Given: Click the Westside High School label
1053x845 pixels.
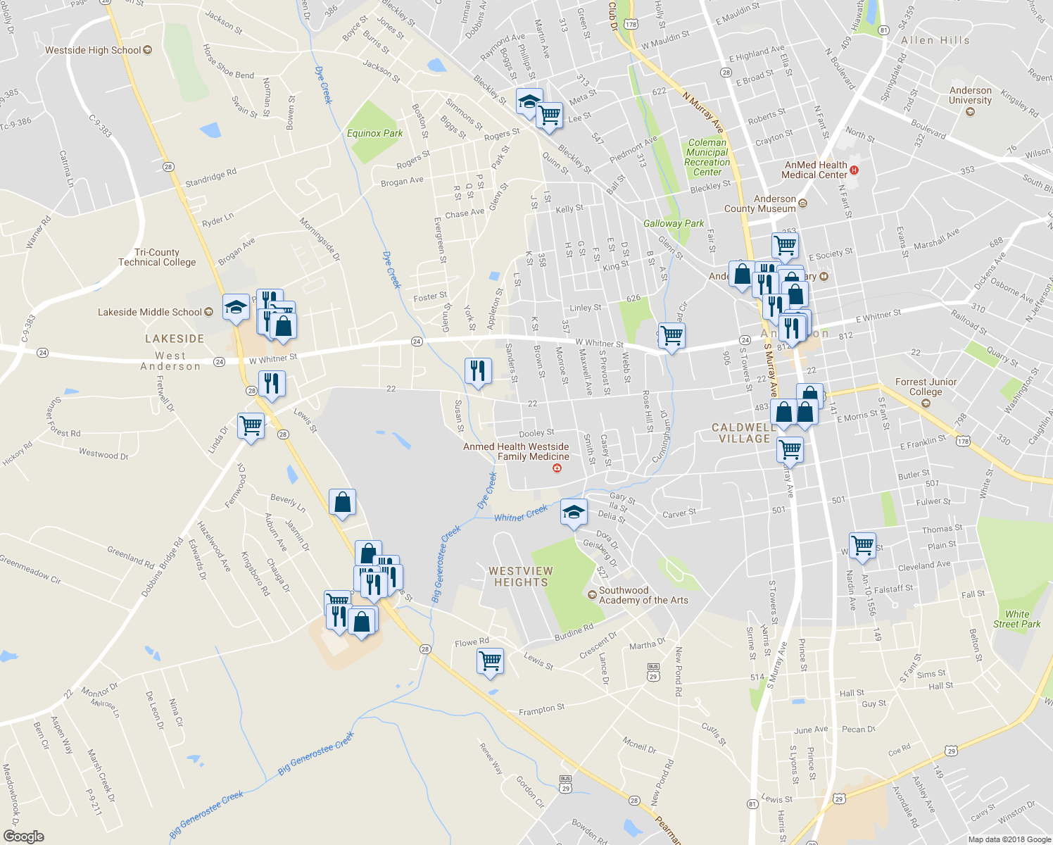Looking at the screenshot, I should tap(93, 50).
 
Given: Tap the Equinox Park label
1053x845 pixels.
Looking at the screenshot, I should tap(374, 133).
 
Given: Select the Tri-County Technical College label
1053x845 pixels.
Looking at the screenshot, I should tap(157, 257).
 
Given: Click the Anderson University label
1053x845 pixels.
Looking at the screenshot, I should tap(970, 95).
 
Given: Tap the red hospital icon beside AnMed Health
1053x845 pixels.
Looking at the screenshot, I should tap(854, 170).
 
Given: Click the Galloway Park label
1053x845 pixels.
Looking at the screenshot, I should tap(674, 223).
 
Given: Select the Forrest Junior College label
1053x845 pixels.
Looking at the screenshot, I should tap(926, 387).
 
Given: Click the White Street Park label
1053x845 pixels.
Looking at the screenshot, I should tap(1016, 619).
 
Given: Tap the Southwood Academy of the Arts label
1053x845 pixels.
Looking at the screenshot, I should tap(643, 595).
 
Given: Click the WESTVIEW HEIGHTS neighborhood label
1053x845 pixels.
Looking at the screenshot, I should tap(521, 577).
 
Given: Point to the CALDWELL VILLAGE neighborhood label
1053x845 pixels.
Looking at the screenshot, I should tap(744, 433).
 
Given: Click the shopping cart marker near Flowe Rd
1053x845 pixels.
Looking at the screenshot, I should tap(490, 661).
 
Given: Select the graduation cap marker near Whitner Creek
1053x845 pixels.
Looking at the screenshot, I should tap(574, 511).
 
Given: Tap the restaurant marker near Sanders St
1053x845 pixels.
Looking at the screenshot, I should tap(478, 370).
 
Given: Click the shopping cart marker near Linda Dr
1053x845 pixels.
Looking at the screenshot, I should tap(251, 425).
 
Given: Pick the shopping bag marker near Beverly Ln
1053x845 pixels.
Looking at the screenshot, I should tap(342, 502).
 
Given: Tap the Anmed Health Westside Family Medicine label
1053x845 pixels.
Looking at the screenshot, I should tap(516, 451).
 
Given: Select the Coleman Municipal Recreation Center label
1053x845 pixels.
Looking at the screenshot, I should tap(707, 157).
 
